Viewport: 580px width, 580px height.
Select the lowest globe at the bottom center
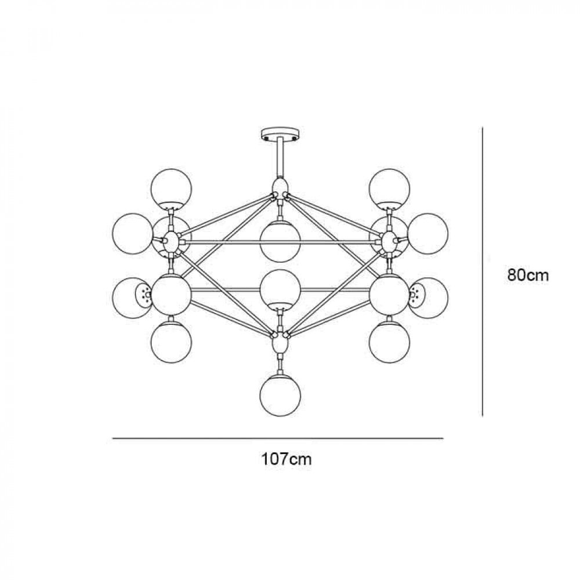pos(280,395)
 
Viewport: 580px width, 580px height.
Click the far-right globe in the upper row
pos(428,233)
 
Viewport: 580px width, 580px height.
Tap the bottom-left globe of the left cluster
pos(171,342)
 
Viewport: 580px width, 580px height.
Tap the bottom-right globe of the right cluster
pos(389,342)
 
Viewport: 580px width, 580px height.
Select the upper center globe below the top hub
pos(280,240)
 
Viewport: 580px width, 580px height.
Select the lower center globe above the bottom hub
pos(280,288)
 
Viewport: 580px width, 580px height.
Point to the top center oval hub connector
pos(280,187)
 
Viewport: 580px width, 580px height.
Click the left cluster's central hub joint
pos(171,241)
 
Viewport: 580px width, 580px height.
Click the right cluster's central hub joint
pos(389,241)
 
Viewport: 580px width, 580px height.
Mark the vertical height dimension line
pos(483,273)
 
